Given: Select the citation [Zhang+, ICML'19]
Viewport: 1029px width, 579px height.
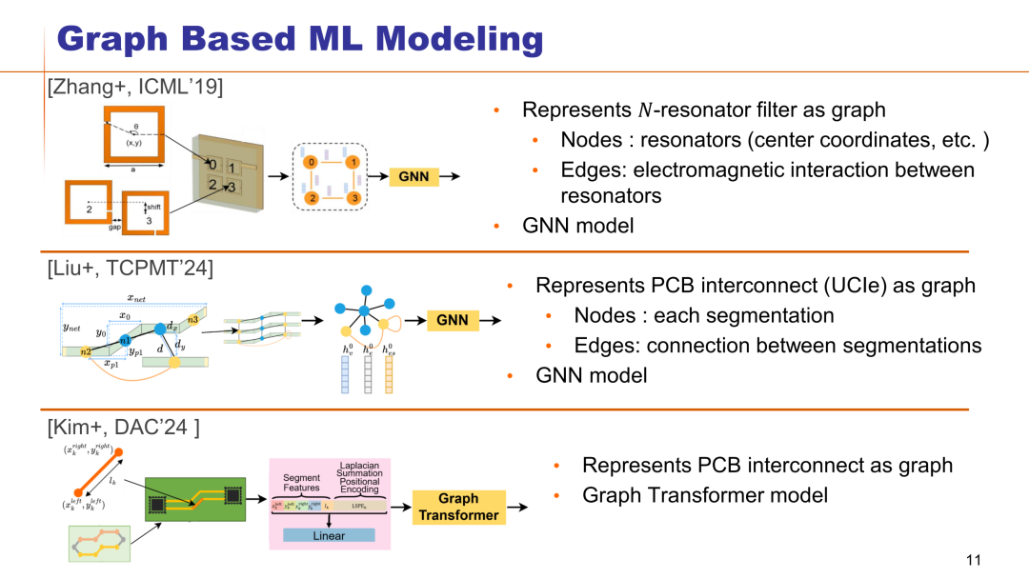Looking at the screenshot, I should (x=135, y=88).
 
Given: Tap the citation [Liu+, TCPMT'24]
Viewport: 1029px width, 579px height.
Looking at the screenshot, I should (x=130, y=269).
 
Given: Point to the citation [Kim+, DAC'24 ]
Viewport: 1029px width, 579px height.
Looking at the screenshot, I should (x=123, y=429).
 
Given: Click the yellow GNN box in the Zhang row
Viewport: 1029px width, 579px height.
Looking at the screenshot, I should (x=413, y=176).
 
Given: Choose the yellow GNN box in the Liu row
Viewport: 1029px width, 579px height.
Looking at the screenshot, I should (x=453, y=320).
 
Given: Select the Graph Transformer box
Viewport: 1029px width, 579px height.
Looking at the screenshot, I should (x=458, y=508).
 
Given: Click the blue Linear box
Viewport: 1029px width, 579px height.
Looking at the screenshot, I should (x=329, y=536).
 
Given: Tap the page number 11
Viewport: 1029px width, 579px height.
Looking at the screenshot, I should (x=973, y=560).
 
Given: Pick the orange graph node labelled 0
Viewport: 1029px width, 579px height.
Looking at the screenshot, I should (x=310, y=163).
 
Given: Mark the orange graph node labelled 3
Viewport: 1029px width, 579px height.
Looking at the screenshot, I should (x=353, y=198).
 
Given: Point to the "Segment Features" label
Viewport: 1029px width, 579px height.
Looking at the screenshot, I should (x=302, y=482).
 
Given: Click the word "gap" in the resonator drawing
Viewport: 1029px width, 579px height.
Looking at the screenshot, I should (x=114, y=229).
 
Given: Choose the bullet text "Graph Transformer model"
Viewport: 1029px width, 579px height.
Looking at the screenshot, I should (x=705, y=495).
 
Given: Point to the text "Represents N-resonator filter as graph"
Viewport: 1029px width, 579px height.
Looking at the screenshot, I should (x=704, y=110).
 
